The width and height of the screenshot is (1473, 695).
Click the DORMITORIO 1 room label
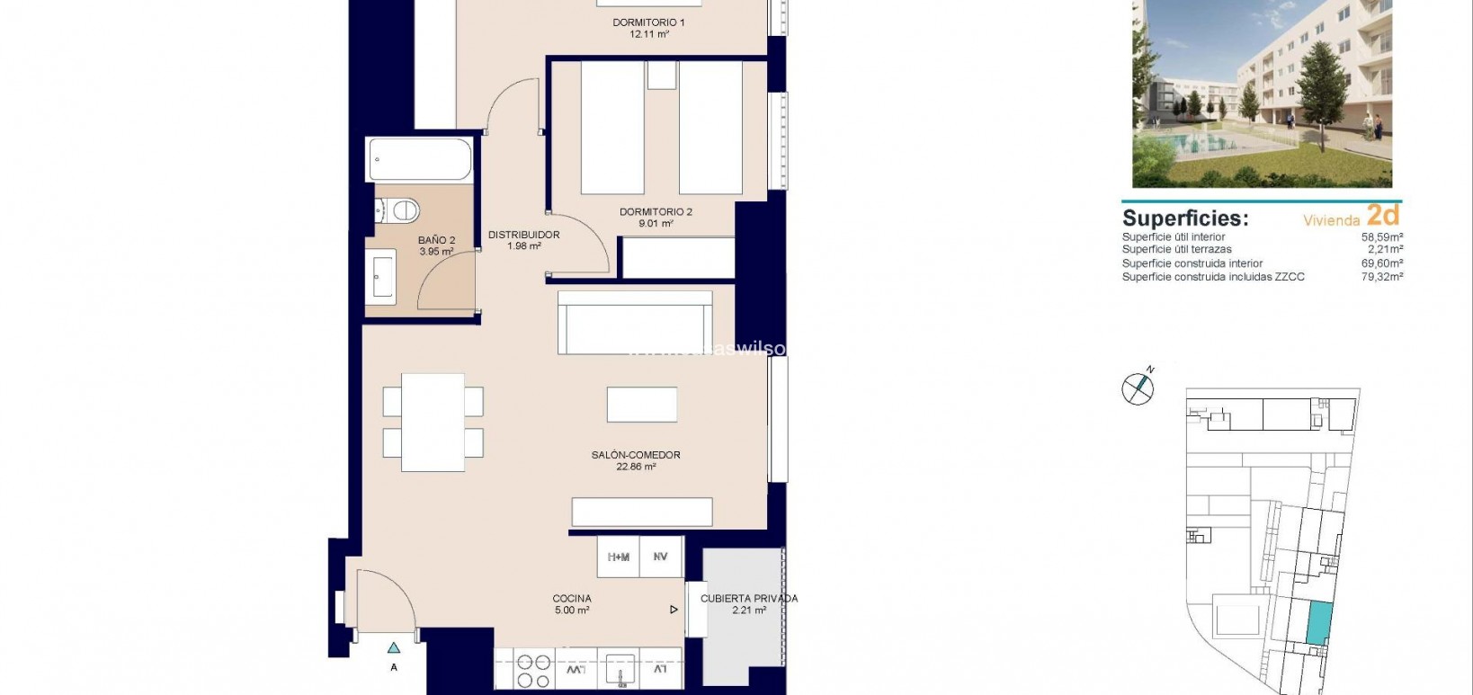point(648,22)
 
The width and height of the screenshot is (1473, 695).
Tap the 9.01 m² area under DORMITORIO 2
point(656,224)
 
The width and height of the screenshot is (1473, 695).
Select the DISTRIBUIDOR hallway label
point(523,236)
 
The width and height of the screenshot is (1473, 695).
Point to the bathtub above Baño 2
point(419,160)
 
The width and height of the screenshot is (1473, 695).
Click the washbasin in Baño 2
point(383,275)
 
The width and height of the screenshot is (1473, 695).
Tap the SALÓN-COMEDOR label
point(635,455)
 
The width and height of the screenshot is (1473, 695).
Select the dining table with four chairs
point(433,422)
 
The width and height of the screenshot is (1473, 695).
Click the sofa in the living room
point(635,322)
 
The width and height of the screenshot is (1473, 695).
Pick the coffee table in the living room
point(641,405)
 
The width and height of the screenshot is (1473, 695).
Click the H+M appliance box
point(619,557)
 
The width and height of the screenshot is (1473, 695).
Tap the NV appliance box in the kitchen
point(661,557)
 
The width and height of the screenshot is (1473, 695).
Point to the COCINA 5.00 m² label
point(572,603)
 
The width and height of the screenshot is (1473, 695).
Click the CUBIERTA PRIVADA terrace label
point(748,599)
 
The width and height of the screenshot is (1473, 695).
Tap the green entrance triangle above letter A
point(394,647)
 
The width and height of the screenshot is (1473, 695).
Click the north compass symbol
point(1138,387)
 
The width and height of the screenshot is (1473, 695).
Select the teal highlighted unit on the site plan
point(1317,623)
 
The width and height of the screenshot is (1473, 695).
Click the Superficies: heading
point(1184,218)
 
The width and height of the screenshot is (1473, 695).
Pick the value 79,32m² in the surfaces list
point(1381,277)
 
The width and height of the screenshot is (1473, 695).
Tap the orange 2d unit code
point(1383,215)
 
